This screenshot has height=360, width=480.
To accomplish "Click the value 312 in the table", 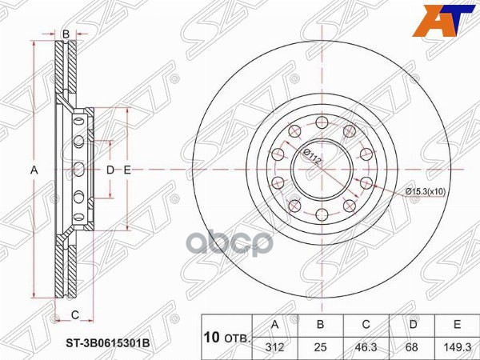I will (x=275, y=345).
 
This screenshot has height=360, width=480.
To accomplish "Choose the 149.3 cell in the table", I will (x=457, y=345).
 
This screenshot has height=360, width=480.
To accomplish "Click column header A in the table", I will (x=275, y=325).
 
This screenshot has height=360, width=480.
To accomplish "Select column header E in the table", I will (x=457, y=325).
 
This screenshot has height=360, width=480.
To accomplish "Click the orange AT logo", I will (x=441, y=21).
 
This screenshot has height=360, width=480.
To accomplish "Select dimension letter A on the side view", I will (x=34, y=170).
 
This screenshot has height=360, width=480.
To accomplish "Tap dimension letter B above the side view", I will (x=66, y=33).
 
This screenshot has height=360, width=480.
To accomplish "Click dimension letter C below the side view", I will (x=74, y=313).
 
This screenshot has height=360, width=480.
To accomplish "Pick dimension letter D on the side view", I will (x=111, y=170).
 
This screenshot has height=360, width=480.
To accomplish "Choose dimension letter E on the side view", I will (x=127, y=170).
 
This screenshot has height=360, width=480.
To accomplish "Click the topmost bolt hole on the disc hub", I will (x=322, y=122).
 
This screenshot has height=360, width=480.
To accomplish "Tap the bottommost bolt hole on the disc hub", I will (x=322, y=214).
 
